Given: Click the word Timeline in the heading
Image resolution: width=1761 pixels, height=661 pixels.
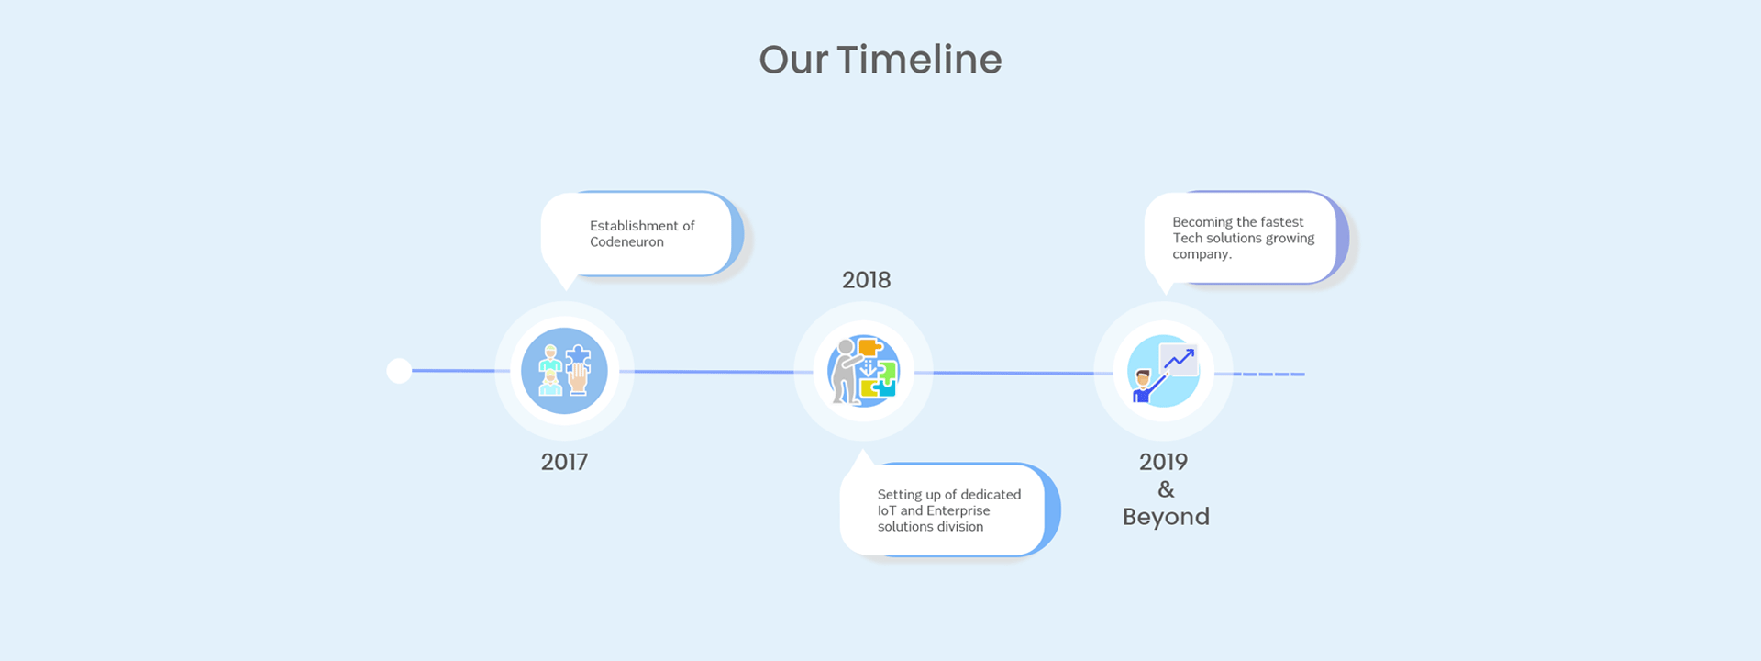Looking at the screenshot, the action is point(919,60).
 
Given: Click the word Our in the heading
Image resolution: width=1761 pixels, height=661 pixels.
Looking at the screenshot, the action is point(793,60).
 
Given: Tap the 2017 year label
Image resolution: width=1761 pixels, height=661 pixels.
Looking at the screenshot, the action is point(564,462).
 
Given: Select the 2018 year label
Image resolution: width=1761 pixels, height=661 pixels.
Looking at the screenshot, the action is point(866,280).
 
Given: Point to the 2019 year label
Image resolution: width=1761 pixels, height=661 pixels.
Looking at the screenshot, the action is point(1163,462).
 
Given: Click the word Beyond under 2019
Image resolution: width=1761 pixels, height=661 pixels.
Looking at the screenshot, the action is point(1166,517).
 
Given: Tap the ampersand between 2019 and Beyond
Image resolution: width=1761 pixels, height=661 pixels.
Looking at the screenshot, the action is point(1166,489).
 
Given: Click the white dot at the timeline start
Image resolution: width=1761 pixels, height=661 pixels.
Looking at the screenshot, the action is point(399,371).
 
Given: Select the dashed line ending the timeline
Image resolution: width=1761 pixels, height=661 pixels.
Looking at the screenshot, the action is point(1269,375).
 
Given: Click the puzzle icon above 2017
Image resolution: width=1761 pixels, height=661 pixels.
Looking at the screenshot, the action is point(564,371).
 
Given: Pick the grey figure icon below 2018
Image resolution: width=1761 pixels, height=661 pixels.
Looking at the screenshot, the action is point(863,371).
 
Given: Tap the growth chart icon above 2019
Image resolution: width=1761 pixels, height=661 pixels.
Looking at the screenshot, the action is point(1163,371).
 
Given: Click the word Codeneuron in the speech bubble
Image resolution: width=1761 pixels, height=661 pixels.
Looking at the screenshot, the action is point(626,242).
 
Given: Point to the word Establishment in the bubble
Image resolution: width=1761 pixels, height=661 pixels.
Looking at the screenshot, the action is point(634,226).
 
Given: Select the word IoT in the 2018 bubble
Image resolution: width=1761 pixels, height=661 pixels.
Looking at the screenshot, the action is point(887,510).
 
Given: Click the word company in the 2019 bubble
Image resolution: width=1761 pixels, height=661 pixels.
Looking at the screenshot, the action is point(1202,254).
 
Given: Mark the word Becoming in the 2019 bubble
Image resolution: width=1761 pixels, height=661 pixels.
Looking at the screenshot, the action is point(1202,222).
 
